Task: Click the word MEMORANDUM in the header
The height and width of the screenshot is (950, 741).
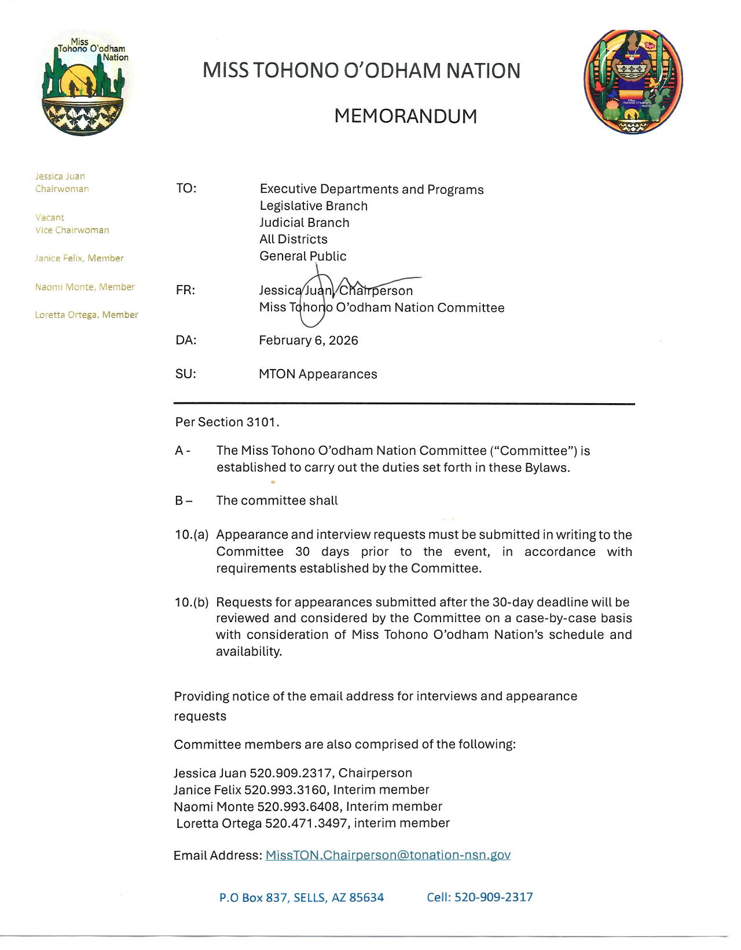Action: pyautogui.click(x=405, y=116)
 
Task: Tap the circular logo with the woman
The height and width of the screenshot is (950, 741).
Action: pyautogui.click(x=633, y=82)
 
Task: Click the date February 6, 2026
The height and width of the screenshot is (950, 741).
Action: pyautogui.click(x=309, y=341)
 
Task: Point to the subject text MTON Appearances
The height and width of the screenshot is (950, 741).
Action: pyautogui.click(x=318, y=374)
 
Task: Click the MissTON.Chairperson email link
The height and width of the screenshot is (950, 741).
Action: pyautogui.click(x=388, y=855)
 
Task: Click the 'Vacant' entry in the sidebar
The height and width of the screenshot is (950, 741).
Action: pyautogui.click(x=50, y=218)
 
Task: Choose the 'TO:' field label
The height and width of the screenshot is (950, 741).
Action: pyautogui.click(x=186, y=189)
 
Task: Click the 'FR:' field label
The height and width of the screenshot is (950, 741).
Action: pyautogui.click(x=186, y=290)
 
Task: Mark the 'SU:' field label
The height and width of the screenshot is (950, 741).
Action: pyautogui.click(x=186, y=374)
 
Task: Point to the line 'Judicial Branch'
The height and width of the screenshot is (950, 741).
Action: pyautogui.click(x=305, y=223)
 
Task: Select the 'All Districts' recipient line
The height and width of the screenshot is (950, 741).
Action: pyautogui.click(x=294, y=239)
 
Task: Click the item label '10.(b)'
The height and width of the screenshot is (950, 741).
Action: pyautogui.click(x=192, y=602)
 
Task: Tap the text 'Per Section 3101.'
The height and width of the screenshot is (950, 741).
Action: pyautogui.click(x=228, y=422)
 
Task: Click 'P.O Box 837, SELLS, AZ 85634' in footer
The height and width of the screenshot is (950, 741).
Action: pyautogui.click(x=302, y=898)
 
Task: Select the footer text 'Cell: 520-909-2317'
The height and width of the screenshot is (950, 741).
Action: pyautogui.click(x=480, y=897)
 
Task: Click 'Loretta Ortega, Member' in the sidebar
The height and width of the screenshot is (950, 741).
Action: pyautogui.click(x=87, y=315)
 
